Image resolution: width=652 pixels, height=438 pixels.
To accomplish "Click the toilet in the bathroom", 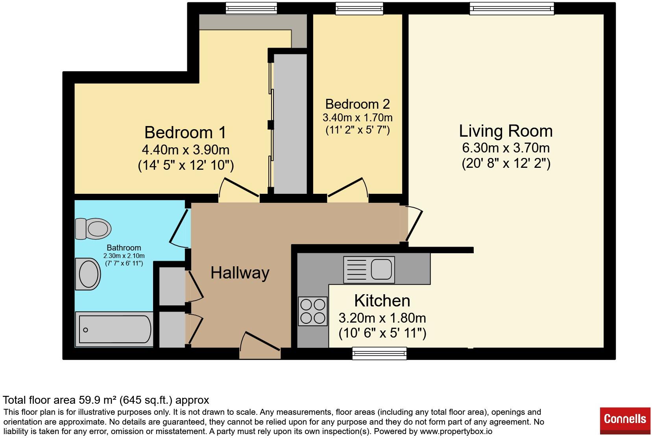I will (93, 228).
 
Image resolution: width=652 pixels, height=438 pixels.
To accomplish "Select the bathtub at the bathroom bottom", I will (115, 330).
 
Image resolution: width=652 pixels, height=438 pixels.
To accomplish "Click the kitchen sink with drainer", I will (369, 269).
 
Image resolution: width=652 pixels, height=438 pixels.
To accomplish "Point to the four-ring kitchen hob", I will (313, 311).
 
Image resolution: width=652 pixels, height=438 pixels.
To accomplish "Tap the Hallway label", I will (240, 273).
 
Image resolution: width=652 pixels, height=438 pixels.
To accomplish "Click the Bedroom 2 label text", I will (357, 104).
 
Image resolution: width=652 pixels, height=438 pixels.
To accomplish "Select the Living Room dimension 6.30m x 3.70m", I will (506, 148).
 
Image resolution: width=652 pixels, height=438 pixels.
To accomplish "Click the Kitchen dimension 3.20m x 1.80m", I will (382, 317).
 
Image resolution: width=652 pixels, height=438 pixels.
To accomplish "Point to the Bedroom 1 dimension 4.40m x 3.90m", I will (185, 150).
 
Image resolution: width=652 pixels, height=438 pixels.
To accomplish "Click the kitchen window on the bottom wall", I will (379, 353).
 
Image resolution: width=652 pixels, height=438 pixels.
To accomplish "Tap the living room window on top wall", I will (512, 8).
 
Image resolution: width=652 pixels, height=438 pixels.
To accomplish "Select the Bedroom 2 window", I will (359, 8).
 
